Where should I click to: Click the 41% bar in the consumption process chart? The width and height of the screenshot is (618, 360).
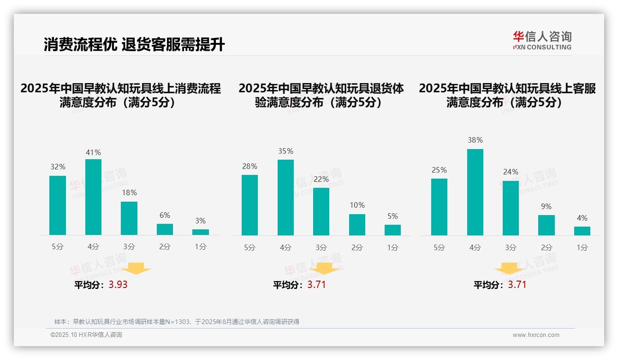pos(93,197)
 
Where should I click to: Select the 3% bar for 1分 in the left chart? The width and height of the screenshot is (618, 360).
pos(201,232)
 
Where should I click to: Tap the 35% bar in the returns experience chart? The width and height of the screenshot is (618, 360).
pos(285,198)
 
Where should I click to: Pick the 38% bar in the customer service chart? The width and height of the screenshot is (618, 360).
pos(475,192)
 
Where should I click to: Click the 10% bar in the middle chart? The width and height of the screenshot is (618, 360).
pos(357,225)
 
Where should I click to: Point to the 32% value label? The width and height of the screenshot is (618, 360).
pos(58,167)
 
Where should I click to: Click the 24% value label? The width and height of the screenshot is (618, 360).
pos(511,172)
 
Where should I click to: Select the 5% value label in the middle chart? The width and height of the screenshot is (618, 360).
pos(392,216)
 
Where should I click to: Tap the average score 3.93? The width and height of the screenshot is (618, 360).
pos(118,285)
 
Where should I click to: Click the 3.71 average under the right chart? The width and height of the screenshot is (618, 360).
pos(517,285)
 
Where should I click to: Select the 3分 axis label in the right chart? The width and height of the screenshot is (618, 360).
pos(511,247)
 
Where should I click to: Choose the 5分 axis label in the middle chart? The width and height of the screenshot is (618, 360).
pos(250,247)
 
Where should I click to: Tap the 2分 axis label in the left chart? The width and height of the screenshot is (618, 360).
pos(165,247)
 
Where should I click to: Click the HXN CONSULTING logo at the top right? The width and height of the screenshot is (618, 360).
pos(542,41)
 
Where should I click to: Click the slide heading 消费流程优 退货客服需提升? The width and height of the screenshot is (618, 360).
pos(134,45)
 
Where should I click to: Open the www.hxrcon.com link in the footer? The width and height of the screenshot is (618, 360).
pos(535,335)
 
